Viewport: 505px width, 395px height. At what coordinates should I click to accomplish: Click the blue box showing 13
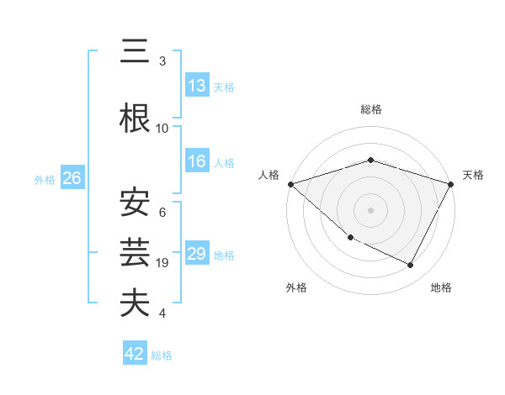[196, 86]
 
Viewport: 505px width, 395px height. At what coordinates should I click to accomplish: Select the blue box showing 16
[196, 162]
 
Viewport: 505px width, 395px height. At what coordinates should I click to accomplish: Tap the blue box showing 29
[196, 255]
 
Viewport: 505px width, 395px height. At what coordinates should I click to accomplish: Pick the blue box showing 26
[72, 178]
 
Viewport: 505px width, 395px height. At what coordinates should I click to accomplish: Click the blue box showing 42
[135, 355]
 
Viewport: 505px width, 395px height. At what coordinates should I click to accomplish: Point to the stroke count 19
[162, 263]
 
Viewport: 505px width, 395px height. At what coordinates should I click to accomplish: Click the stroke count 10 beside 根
[162, 129]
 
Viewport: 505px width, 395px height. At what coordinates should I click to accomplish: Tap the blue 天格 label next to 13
[224, 87]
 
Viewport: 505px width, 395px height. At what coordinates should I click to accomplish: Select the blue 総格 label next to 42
[162, 355]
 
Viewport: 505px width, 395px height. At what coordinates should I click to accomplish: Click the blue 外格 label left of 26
[45, 179]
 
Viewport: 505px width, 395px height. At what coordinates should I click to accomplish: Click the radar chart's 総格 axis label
[370, 109]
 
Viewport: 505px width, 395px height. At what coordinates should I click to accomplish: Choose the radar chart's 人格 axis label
[269, 175]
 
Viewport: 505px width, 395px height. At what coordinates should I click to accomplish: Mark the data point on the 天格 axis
[451, 184]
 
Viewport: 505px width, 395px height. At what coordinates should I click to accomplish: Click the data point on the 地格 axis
[411, 266]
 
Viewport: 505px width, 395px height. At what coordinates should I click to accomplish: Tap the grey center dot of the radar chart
[370, 209]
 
